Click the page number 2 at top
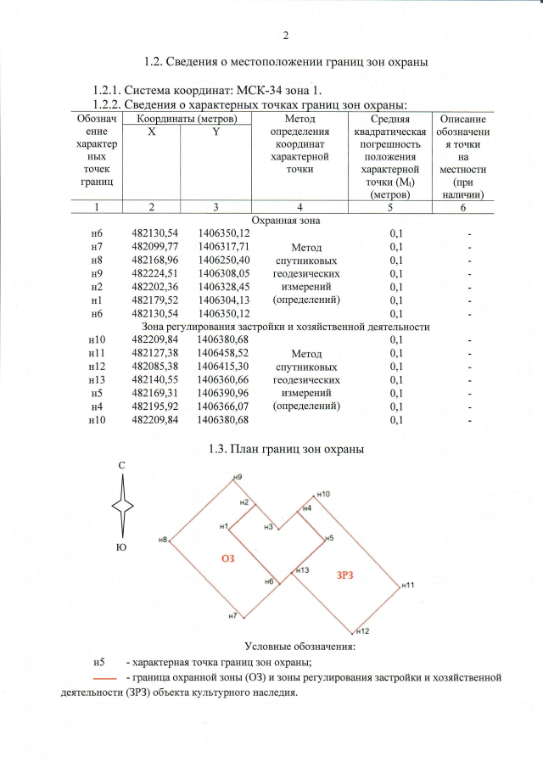[x=286, y=35]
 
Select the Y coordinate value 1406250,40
[x=222, y=261]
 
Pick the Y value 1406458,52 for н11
[x=222, y=352]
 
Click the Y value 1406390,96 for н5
[x=222, y=393]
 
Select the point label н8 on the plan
[x=161, y=538]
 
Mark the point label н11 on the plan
[x=408, y=586]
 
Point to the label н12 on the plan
[x=363, y=631]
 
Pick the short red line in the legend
[x=104, y=679]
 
